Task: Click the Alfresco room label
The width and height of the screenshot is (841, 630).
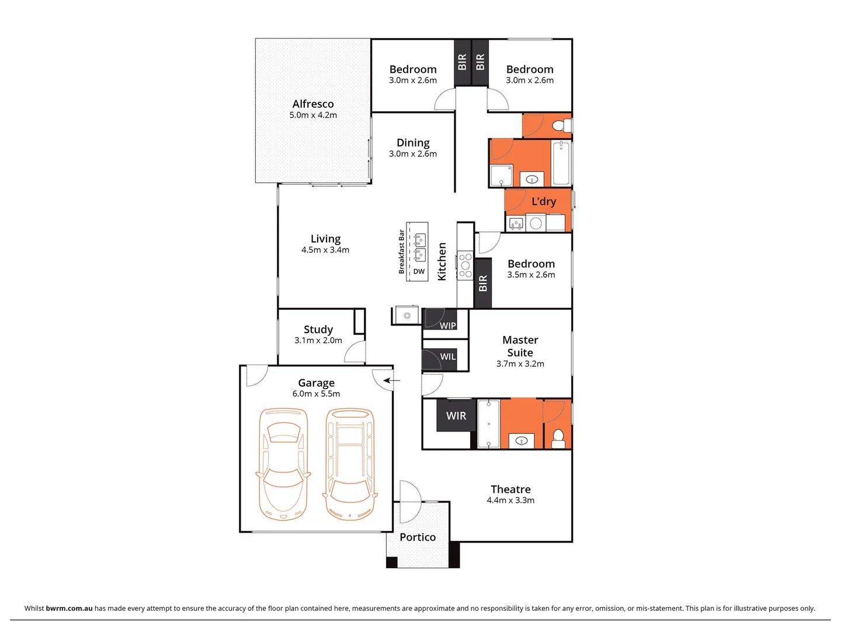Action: point(313,104)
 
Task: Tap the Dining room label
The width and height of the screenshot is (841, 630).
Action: point(413,142)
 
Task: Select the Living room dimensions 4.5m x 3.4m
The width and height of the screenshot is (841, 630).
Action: point(325,250)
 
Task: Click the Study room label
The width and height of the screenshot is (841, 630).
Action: point(318,329)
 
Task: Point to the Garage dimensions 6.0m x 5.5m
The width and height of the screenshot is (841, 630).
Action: point(316,394)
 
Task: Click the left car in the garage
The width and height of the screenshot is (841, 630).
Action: point(283,464)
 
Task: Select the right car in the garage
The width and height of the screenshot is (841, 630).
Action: point(350,464)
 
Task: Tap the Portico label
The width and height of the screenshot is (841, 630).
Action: point(418,537)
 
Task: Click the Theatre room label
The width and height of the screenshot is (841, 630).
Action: point(510,489)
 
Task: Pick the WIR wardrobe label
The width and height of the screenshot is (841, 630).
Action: point(456,416)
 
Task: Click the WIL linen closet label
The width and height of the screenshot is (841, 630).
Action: point(448,357)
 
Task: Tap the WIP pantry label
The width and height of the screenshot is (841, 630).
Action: point(448,325)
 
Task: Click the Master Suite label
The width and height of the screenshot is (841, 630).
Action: point(520,346)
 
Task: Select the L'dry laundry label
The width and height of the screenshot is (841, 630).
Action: point(544,201)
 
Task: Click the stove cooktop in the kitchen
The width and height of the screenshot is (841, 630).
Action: point(465,265)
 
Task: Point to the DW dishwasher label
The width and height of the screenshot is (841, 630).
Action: point(419,272)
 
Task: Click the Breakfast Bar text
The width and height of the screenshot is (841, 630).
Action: point(402,252)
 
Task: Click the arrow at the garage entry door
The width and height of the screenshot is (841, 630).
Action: point(392,381)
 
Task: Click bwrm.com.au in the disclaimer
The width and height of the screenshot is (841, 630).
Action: point(69,608)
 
